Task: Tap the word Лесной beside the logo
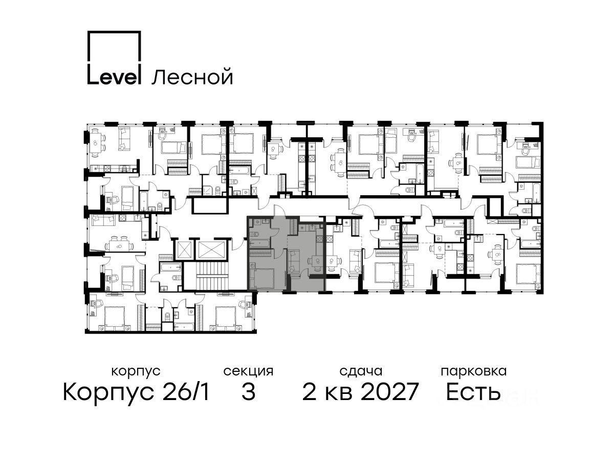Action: (x=192, y=77)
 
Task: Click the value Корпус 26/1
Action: (x=136, y=392)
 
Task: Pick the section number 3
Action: (x=248, y=392)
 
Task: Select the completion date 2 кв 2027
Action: (x=360, y=392)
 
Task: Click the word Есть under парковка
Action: (x=473, y=392)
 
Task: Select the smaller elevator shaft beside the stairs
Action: (x=184, y=249)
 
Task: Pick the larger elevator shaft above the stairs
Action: (x=212, y=249)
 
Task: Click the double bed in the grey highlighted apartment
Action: (x=262, y=278)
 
